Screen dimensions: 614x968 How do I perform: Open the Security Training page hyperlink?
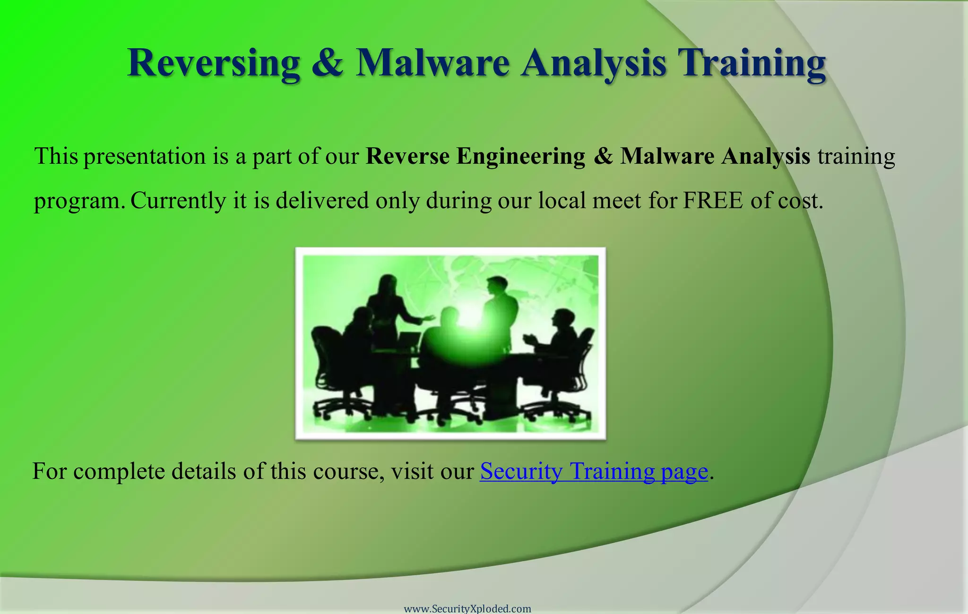(594, 471)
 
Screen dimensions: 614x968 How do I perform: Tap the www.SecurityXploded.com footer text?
(467, 608)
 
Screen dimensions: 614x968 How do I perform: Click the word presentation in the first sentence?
(145, 156)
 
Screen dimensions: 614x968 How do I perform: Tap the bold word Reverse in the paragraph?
(407, 156)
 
